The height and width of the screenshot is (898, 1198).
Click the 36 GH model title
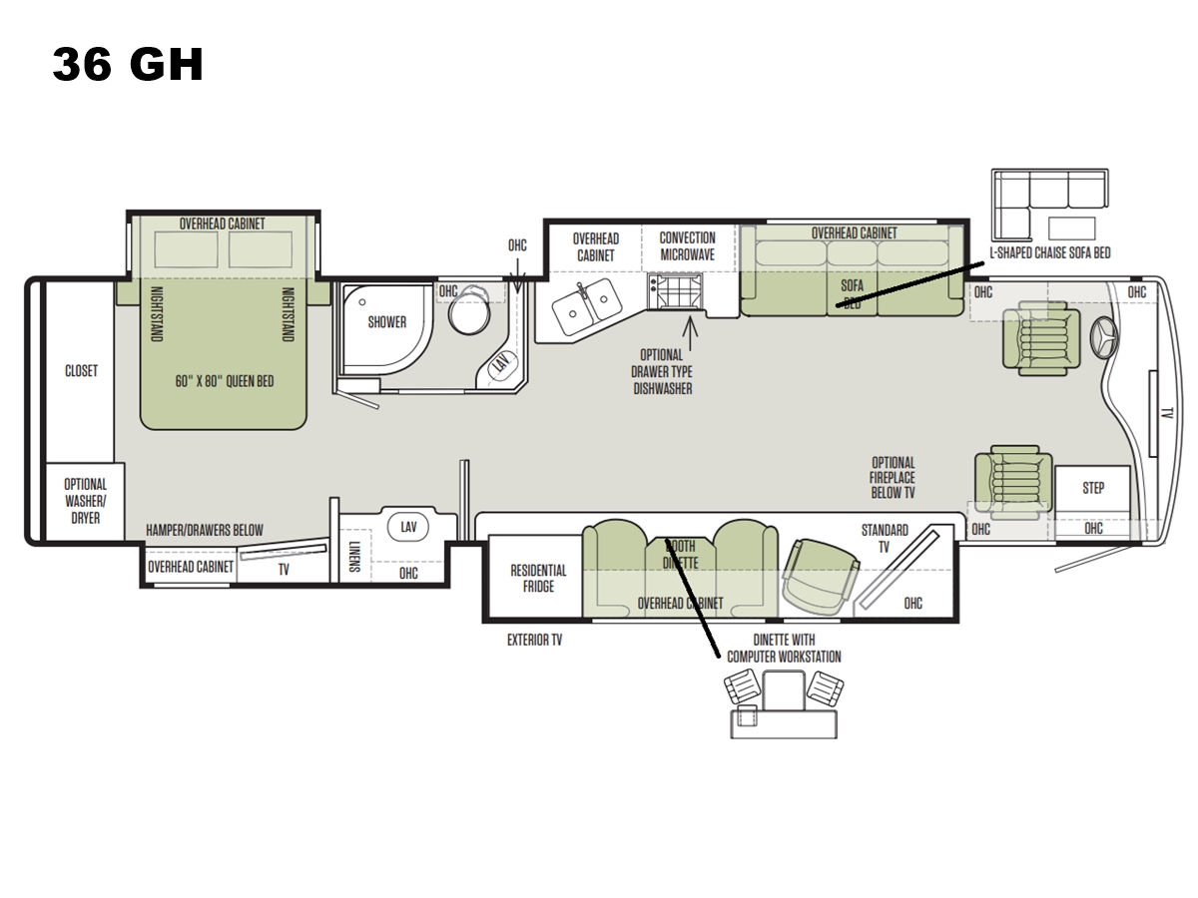[x=128, y=64]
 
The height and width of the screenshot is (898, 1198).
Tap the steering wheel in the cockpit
[x=1103, y=338]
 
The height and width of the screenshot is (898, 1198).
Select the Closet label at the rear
[x=81, y=371]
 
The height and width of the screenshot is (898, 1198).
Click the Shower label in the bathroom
[x=387, y=322]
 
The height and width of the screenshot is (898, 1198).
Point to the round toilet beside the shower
[x=469, y=310]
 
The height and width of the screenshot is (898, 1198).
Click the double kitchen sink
[x=587, y=306]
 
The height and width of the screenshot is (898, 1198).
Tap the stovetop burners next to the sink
[x=675, y=290]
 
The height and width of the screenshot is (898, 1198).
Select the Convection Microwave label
[x=687, y=246]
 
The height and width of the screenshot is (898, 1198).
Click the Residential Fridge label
[x=538, y=579]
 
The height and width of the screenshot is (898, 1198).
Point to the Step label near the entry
[x=1093, y=488]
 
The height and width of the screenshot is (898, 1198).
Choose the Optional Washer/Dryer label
[x=86, y=501]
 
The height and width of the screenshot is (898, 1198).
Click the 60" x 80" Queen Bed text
[x=225, y=381]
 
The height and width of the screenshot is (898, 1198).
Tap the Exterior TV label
[x=534, y=641]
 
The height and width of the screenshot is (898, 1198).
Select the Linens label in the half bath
[x=354, y=557]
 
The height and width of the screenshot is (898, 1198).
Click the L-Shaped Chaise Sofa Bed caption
[x=1050, y=253]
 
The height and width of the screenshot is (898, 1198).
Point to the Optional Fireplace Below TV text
[x=893, y=478]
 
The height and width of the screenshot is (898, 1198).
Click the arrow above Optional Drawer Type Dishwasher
[x=690, y=333]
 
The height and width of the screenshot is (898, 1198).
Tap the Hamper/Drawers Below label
[x=205, y=530]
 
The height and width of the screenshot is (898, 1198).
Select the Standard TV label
[x=885, y=539]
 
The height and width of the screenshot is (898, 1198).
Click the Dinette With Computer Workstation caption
[x=784, y=649]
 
